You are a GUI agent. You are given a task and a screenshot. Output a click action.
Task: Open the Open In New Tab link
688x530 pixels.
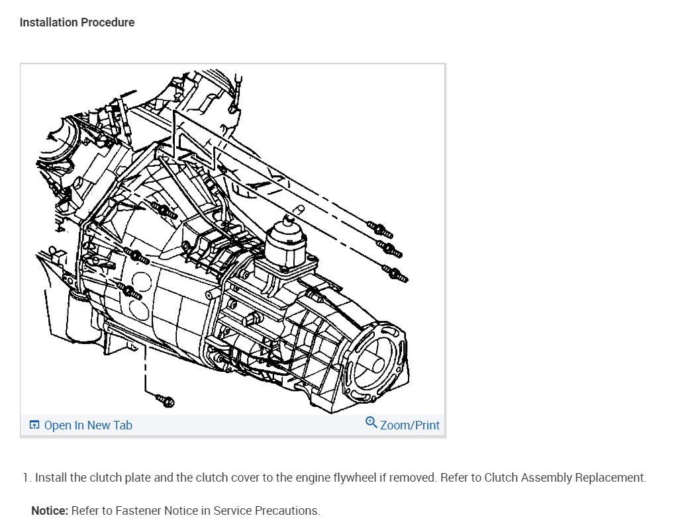(x=88, y=425)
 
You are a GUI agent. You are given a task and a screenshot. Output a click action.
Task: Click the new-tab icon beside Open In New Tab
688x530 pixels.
(x=34, y=425)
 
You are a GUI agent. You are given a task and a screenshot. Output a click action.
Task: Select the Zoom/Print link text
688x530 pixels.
(x=410, y=425)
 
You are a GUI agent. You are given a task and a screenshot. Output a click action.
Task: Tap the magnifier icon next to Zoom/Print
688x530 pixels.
(x=371, y=423)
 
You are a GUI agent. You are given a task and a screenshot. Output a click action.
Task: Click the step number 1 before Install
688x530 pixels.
(x=26, y=478)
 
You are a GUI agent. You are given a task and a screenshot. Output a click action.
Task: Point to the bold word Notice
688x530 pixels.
(x=50, y=511)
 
